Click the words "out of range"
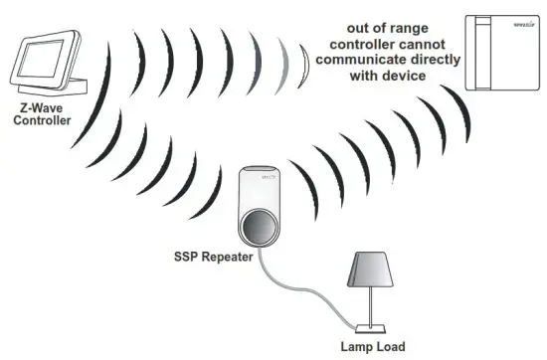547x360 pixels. click(x=381, y=26)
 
